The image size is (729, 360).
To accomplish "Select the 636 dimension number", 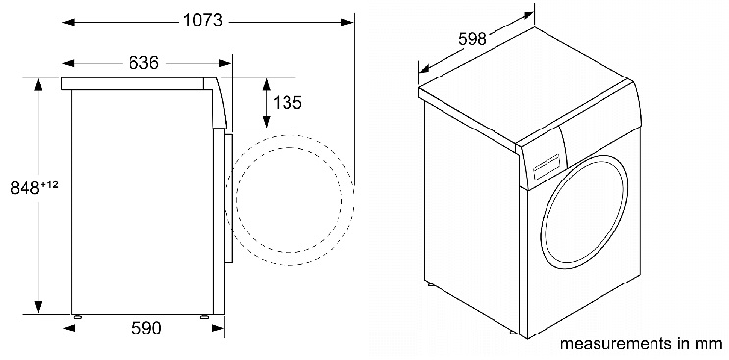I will (x=143, y=63).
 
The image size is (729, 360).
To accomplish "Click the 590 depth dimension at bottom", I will (x=145, y=328).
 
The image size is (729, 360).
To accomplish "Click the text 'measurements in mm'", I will (x=641, y=345).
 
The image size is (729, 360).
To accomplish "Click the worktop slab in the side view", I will (x=137, y=85).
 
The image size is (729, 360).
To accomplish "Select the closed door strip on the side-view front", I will (x=228, y=196).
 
